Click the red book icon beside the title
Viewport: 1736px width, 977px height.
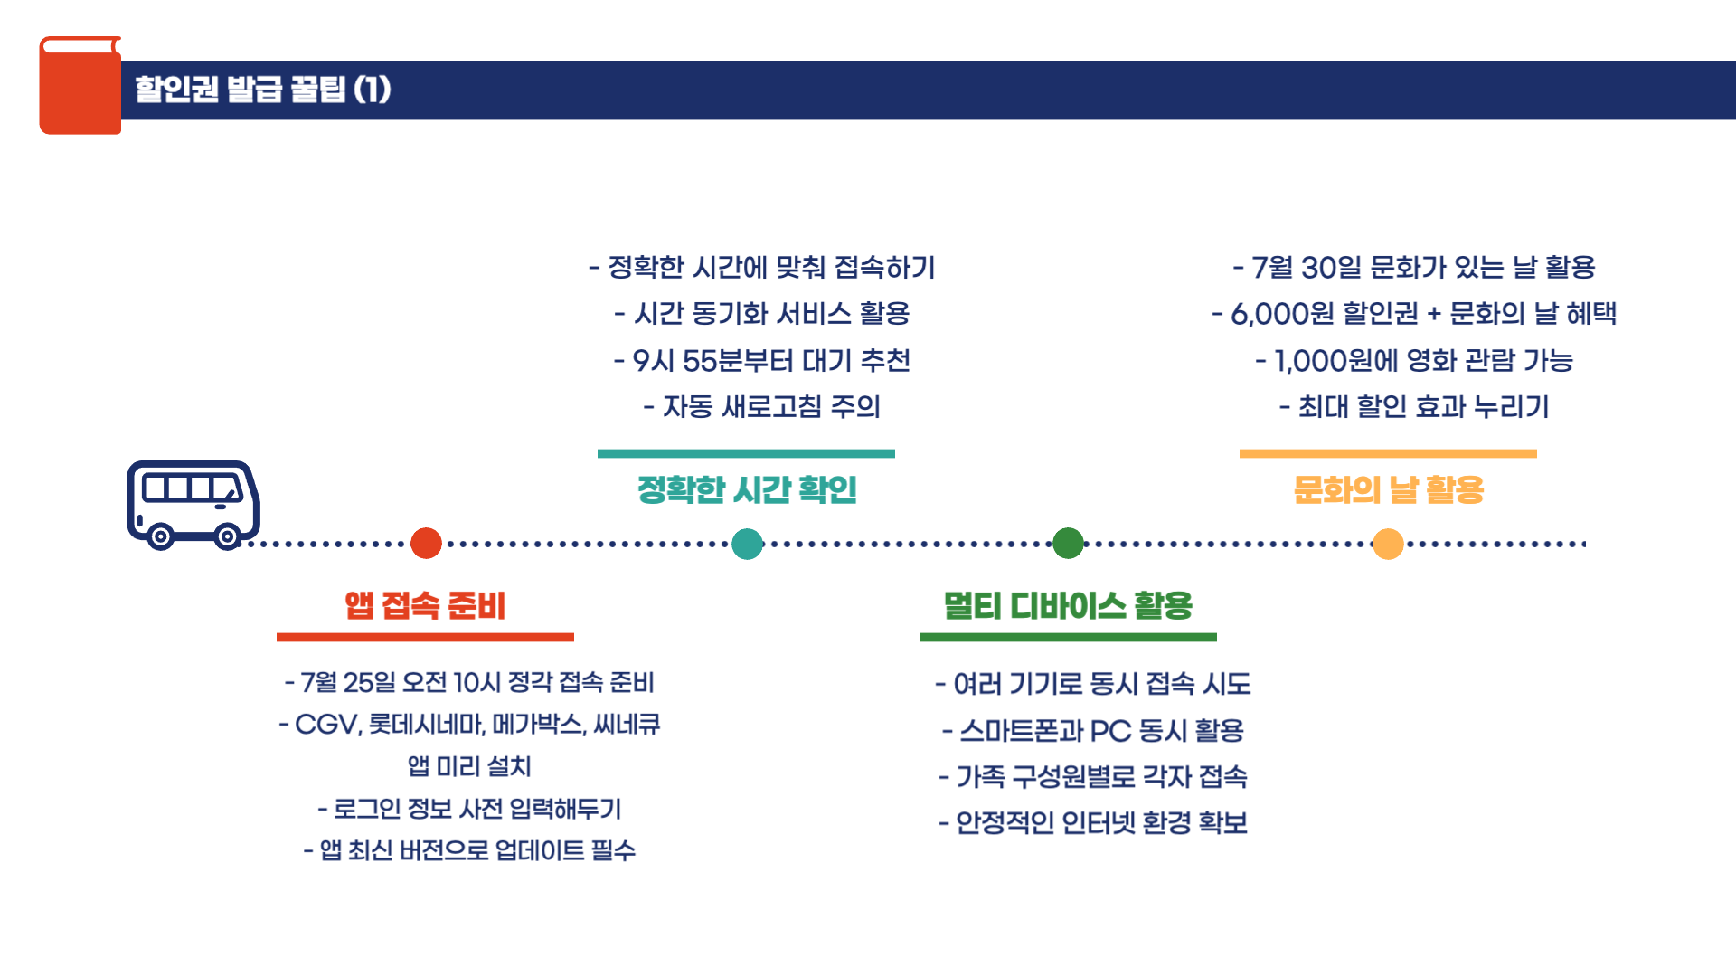[80, 86]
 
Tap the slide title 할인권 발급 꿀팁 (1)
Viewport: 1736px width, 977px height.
[263, 90]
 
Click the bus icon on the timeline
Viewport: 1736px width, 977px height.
[193, 503]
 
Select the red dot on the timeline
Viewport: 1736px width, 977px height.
[426, 544]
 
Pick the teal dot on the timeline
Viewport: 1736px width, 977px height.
[747, 544]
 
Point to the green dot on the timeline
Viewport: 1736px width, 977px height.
[1068, 544]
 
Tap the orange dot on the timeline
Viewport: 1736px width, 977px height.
[1388, 544]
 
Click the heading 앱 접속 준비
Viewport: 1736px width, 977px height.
[425, 605]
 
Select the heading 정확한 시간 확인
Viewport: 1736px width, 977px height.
[747, 489]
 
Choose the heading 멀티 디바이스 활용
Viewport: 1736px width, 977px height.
[1068, 605]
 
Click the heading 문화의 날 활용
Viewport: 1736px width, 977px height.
[1388, 489]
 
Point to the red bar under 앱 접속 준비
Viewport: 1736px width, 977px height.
[425, 637]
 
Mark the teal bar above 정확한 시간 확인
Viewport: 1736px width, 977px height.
[746, 453]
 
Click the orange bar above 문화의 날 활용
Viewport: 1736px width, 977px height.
[1388, 453]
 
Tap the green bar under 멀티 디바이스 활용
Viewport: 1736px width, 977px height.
[1068, 637]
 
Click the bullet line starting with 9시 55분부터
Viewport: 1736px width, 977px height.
[761, 360]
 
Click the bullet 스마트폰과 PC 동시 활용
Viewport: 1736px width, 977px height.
[1093, 730]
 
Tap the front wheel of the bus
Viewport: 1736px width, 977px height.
[227, 536]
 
